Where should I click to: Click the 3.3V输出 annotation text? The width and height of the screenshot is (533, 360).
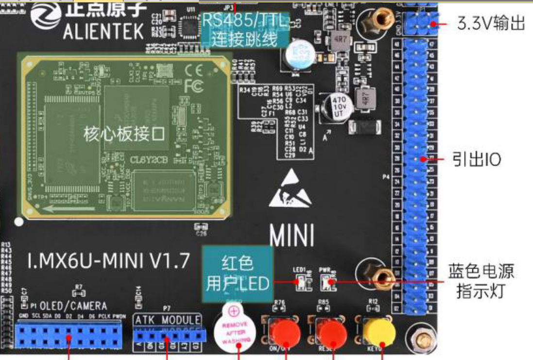click(491, 23)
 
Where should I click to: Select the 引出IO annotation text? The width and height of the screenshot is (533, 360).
click(476, 159)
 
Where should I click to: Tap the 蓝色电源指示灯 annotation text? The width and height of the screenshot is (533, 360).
click(481, 281)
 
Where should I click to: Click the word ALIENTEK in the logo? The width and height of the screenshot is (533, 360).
click(103, 32)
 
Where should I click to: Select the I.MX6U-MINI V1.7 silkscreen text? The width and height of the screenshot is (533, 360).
click(108, 261)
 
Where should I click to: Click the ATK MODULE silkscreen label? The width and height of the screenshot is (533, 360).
click(167, 320)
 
